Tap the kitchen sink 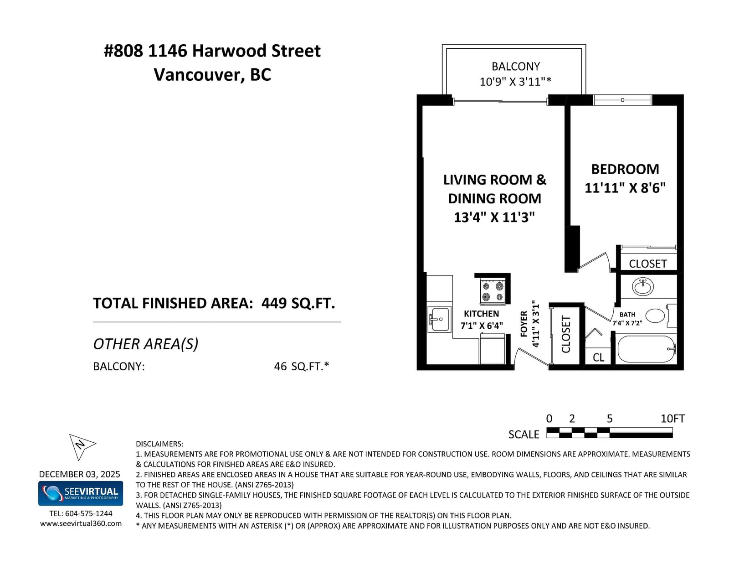click(439, 319)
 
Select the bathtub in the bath click(646, 349)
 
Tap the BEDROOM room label click(625, 169)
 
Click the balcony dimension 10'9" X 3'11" click(515, 82)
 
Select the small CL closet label click(598, 357)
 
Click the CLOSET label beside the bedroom click(647, 264)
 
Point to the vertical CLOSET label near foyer click(566, 334)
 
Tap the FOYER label click(524, 324)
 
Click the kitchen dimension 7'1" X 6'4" click(482, 326)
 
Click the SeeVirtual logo click(81, 493)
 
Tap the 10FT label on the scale click(673, 419)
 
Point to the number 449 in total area click(274, 303)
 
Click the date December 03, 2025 click(80, 474)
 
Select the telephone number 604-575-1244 click(88, 513)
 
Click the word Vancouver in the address click(199, 75)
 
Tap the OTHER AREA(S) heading click(146, 344)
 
